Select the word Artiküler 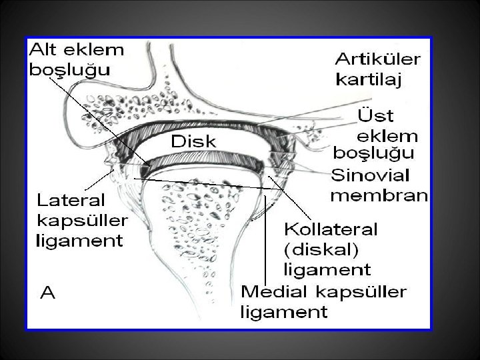377,59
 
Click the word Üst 375,117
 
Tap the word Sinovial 371,175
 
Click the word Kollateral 331,230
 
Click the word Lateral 71,199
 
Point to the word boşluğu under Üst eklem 373,154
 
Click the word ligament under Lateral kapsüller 79,240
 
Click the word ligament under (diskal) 327,270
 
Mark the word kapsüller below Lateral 82,220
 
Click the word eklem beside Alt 106,51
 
